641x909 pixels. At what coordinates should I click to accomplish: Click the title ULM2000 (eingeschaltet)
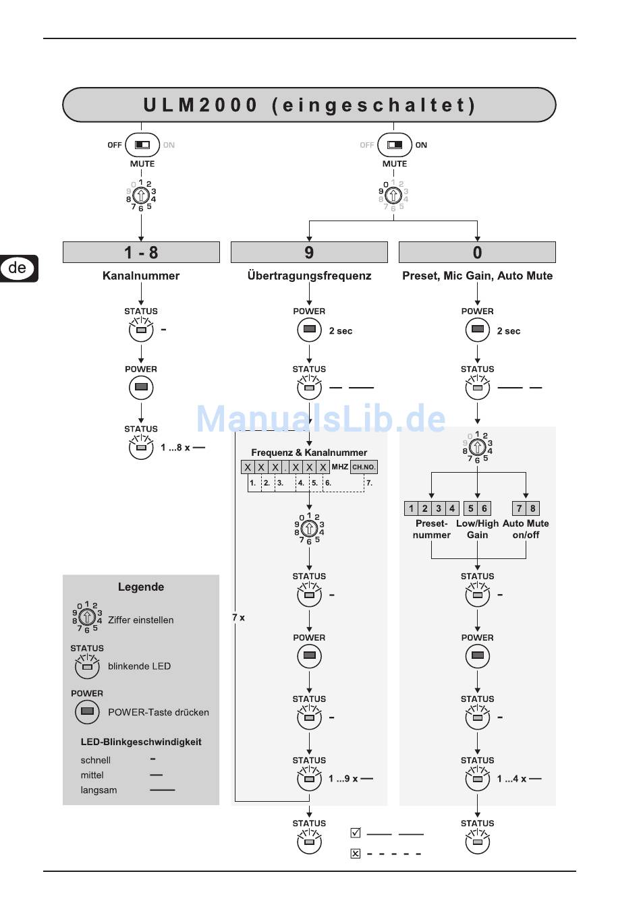coord(309,105)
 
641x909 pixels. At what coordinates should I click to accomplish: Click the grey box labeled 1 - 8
coord(141,252)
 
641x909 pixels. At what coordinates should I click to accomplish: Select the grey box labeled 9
coord(309,252)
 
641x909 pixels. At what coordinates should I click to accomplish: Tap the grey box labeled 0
coord(477,252)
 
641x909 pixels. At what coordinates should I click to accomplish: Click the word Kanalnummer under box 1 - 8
coord(141,275)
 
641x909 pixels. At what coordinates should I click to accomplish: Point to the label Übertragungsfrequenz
coord(309,275)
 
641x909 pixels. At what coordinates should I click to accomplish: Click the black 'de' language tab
coord(18,268)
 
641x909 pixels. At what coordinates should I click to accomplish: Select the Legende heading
coord(141,587)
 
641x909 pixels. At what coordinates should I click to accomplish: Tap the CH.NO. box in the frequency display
coord(364,467)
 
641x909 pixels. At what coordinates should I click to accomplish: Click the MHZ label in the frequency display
coord(340,467)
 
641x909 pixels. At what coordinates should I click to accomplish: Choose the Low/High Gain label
coord(477,529)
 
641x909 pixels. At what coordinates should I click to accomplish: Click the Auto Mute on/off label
coord(526,529)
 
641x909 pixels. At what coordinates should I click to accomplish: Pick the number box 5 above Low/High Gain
coord(471,508)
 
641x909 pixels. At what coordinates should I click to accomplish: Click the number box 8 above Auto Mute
coord(533,508)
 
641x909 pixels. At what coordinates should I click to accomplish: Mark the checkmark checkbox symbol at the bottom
coord(356,833)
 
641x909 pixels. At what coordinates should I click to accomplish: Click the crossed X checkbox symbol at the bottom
coord(356,854)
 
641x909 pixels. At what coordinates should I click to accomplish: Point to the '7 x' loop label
coord(239,618)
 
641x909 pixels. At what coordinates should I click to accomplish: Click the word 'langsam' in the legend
coord(99,790)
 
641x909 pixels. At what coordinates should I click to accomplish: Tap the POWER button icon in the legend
coord(87,711)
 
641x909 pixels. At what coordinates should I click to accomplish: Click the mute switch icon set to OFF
coord(142,145)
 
